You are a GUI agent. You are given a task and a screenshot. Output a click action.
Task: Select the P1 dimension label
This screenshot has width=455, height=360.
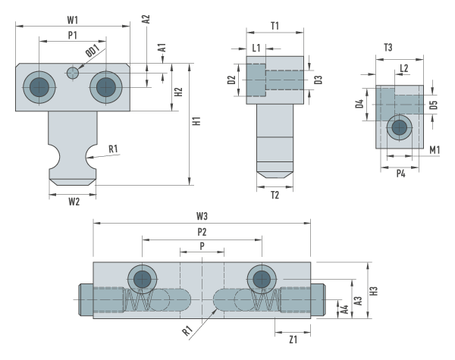point(73,36)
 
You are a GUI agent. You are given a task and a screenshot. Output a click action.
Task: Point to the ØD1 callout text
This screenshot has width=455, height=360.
point(91,54)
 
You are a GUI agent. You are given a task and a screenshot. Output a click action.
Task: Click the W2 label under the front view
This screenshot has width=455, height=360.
point(73,201)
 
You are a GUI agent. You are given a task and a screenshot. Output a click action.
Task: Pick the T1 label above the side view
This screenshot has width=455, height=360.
point(275,25)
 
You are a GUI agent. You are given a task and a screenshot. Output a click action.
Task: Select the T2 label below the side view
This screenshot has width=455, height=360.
point(275,195)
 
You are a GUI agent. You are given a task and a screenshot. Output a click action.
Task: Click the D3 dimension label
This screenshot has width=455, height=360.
point(319,80)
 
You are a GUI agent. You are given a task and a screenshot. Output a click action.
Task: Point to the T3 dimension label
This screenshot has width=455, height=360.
point(388,48)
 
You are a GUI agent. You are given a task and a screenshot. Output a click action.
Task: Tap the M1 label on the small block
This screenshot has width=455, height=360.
point(435,150)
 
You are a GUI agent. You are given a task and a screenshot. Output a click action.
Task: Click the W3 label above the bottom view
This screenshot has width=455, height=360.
point(202,217)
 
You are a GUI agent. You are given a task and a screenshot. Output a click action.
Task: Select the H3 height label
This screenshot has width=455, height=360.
point(374,290)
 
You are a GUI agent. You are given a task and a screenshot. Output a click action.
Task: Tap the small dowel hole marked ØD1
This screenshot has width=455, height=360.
point(73,73)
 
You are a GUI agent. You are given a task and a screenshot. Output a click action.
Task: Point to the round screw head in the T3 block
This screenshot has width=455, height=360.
point(396,130)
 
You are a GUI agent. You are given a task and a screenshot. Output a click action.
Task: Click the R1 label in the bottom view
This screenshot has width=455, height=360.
point(186,330)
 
